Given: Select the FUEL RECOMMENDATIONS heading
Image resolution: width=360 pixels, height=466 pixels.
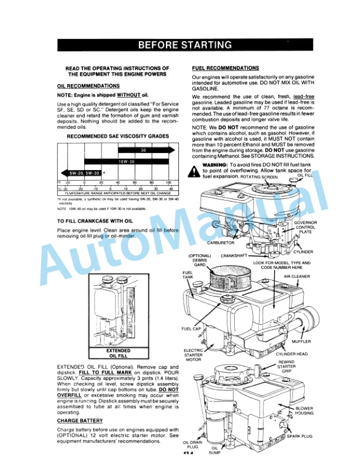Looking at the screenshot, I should pyautogui.click(x=225, y=68).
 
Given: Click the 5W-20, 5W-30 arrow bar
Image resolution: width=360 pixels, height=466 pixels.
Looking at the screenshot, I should pyautogui.click(x=81, y=173).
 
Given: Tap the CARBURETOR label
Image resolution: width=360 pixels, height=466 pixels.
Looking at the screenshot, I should pyautogui.click(x=221, y=242).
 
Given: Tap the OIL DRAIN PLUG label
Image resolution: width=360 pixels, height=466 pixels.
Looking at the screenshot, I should pyautogui.click(x=193, y=446).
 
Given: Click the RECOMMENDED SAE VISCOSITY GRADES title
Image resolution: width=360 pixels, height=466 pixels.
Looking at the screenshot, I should pyautogui.click(x=110, y=137).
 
